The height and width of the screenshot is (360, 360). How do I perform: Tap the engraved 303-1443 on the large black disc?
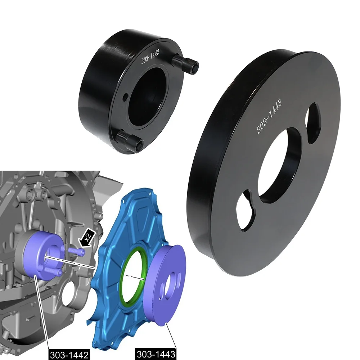click(269, 116)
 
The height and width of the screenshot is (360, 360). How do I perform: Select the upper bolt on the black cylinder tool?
click(186, 62)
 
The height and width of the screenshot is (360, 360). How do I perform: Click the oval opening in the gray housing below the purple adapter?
click(68, 295)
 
